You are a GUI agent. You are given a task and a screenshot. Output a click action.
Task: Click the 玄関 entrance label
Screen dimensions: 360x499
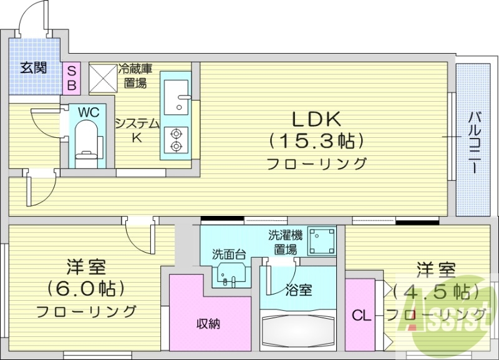point(33,68)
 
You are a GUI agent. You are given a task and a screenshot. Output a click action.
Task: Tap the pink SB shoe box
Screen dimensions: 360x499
point(71,77)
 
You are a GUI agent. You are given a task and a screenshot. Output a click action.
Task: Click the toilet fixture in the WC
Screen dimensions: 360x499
point(85,141)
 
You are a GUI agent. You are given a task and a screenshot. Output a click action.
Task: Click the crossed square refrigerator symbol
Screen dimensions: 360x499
point(102,77)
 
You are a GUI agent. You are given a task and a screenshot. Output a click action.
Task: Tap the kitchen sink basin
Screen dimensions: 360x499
point(178,95)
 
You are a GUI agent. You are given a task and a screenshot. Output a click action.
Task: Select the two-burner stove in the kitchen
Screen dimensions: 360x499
point(176,139)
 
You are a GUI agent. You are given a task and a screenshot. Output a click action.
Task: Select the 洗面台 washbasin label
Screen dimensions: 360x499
point(228,254)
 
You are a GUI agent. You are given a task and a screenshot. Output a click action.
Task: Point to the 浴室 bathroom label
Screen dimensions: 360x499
point(299,290)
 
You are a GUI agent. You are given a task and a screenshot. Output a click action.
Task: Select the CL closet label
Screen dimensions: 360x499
point(361,316)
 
